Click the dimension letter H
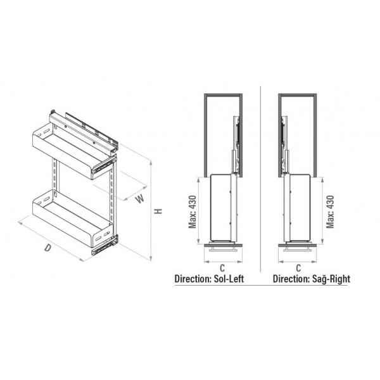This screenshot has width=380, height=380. coord(158,211)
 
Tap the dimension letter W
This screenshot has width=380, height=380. coord(140,199)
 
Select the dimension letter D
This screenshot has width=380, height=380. coord(48,248)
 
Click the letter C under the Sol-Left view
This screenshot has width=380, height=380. coord(222,268)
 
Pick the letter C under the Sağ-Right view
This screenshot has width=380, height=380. coord(298,268)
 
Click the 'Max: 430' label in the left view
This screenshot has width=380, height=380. coord(193,212)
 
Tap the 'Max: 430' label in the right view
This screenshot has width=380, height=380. coord(330,212)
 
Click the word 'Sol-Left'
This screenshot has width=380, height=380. coord(229,279)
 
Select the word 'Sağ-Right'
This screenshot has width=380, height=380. coord(331,279)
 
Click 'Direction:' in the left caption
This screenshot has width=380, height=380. coord(193,279)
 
